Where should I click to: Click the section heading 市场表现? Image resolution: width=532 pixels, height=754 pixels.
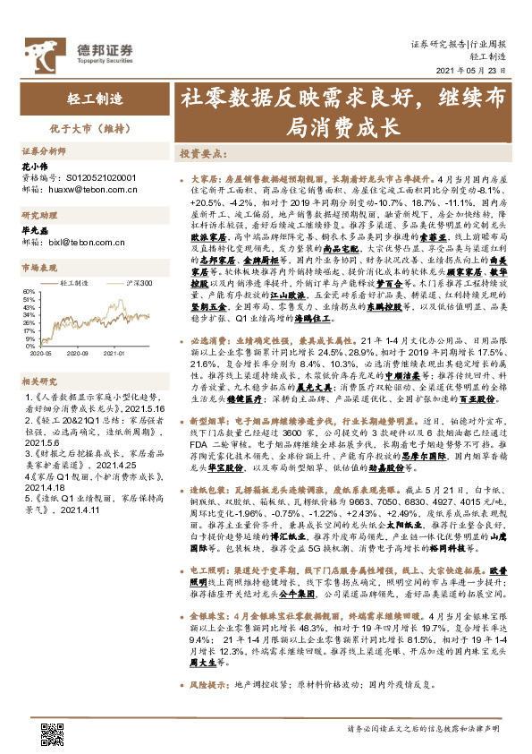(x=38, y=268)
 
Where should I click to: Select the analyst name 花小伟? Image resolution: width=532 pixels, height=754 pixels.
(x=34, y=167)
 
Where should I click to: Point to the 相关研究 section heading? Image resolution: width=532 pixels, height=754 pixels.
(x=38, y=381)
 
